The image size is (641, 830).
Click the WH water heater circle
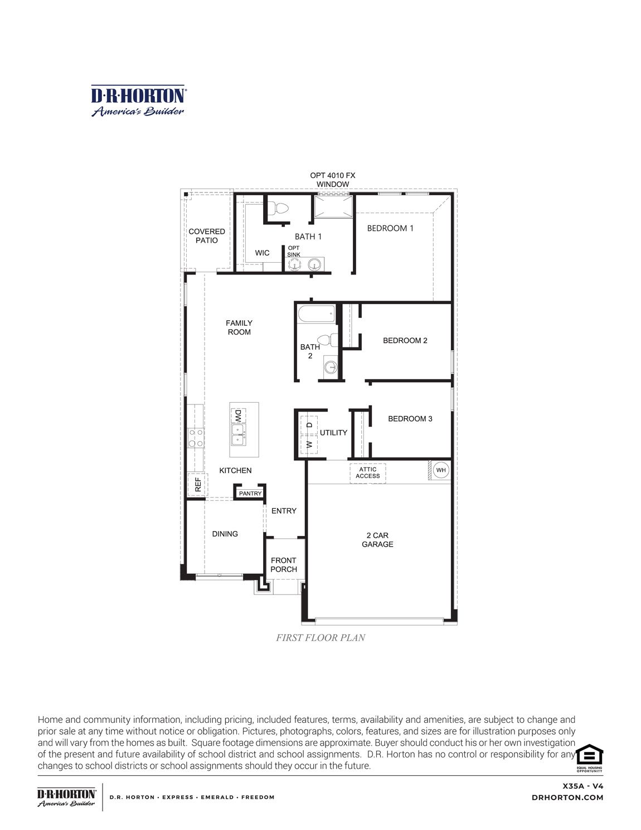click(441, 470)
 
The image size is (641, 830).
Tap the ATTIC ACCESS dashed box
click(368, 473)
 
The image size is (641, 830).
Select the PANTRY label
click(250, 494)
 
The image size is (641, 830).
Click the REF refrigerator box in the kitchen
click(197, 484)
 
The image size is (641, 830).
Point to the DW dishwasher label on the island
click(238, 416)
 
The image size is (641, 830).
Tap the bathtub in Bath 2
click(316, 314)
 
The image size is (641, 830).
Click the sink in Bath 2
click(331, 367)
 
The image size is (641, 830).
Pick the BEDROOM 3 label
click(410, 419)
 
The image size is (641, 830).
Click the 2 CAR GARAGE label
click(377, 540)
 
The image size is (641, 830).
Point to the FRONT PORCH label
click(284, 565)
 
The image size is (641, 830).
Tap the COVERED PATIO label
click(207, 236)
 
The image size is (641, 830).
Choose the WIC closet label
click(263, 253)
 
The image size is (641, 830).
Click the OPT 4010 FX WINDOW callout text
click(333, 180)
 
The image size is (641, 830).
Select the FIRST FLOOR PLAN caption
click(320, 638)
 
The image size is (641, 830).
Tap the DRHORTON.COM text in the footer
click(567, 798)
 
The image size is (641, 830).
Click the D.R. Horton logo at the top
click(138, 101)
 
